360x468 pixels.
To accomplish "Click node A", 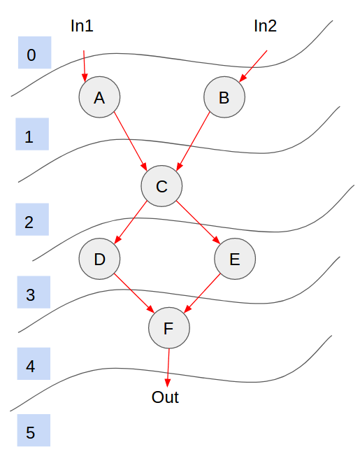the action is pyautogui.click(x=100, y=97).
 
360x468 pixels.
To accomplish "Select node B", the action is pyautogui.click(x=224, y=97).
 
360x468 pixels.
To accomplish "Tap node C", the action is pyautogui.click(x=161, y=186).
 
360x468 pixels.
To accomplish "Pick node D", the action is pyautogui.click(x=100, y=259).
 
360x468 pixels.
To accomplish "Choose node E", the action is pyautogui.click(x=235, y=259).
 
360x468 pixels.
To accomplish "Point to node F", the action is pyautogui.click(x=169, y=327).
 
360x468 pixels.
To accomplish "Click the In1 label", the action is pyautogui.click(x=82, y=26).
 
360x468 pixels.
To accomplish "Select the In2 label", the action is pyautogui.click(x=265, y=26).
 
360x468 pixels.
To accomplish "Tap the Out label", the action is pyautogui.click(x=165, y=397).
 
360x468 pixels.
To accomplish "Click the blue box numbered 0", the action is pyautogui.click(x=34, y=52).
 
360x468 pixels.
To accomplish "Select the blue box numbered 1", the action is pyautogui.click(x=32, y=134).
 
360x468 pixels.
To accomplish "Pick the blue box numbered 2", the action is pyautogui.click(x=32, y=220).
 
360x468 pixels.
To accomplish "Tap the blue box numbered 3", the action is pyautogui.click(x=34, y=292).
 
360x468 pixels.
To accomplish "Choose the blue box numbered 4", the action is pyautogui.click(x=34, y=364).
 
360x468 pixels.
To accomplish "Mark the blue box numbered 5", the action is pyautogui.click(x=34, y=430).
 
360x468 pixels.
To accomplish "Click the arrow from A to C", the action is pyautogui.click(x=131, y=141).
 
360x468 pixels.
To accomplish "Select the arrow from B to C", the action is pyautogui.click(x=193, y=141).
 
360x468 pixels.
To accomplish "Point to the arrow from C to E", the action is pyautogui.click(x=198, y=222).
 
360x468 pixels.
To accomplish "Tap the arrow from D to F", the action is pyautogui.click(x=134, y=293).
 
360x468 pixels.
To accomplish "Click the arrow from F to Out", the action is pyautogui.click(x=168, y=368).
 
